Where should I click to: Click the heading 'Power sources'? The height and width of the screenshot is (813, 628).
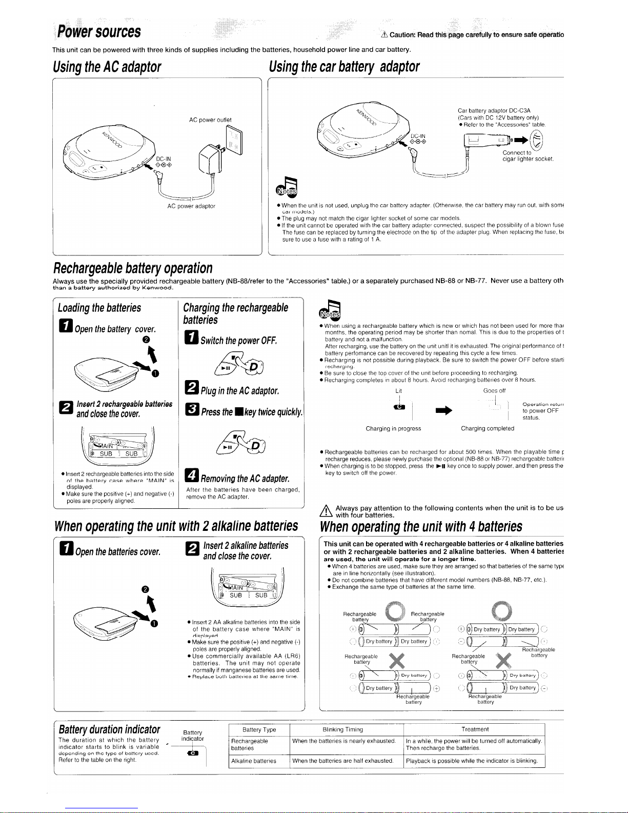coord(98,31)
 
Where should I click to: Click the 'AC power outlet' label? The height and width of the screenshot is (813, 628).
coord(210,120)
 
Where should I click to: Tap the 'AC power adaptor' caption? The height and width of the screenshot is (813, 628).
coord(191,206)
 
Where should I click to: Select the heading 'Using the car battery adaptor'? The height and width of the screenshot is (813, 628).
coord(345,67)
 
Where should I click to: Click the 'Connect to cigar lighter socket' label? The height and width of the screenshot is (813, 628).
coord(528,156)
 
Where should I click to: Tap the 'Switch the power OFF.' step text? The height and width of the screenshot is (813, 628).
coord(239,341)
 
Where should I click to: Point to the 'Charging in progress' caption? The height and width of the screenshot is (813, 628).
coord(393,428)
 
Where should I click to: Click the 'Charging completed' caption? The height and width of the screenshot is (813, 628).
coord(488,428)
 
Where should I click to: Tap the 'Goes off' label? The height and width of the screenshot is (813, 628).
coord(494,390)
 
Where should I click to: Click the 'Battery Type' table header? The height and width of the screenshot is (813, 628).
coord(259,729)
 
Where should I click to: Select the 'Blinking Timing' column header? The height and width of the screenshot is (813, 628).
coord(342,729)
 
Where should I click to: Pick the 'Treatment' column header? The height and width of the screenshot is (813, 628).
coord(475,729)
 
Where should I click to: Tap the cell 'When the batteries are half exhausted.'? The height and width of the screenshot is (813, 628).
coord(342,761)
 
